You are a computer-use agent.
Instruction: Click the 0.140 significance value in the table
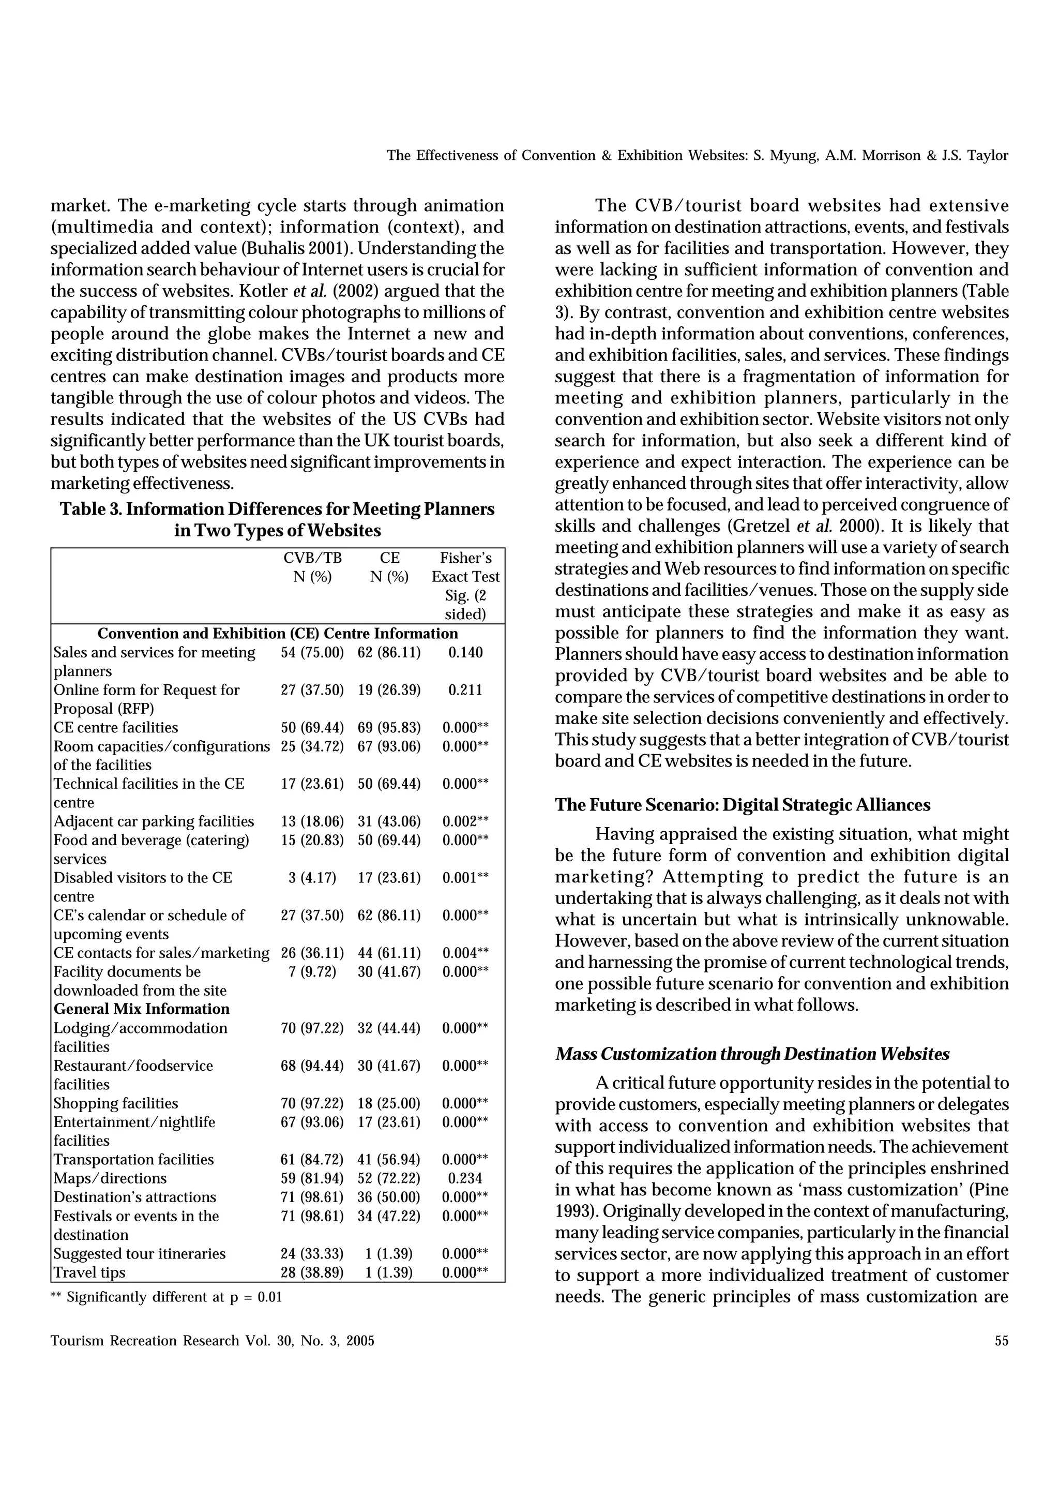point(465,652)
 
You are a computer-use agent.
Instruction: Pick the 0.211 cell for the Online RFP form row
point(465,690)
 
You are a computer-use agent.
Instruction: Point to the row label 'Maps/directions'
point(110,1178)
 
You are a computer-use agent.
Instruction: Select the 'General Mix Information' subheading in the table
point(142,1009)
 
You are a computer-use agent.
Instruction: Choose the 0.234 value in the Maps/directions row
point(465,1178)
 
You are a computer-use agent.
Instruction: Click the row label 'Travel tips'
point(89,1272)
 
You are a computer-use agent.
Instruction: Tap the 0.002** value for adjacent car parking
point(465,822)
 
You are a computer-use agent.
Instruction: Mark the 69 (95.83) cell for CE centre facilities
point(389,728)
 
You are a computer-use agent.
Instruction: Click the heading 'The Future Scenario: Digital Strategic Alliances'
point(743,805)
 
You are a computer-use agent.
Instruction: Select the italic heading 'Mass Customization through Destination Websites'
point(752,1054)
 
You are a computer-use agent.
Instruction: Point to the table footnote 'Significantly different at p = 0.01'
point(174,1297)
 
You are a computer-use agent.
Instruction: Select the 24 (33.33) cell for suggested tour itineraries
point(312,1253)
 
